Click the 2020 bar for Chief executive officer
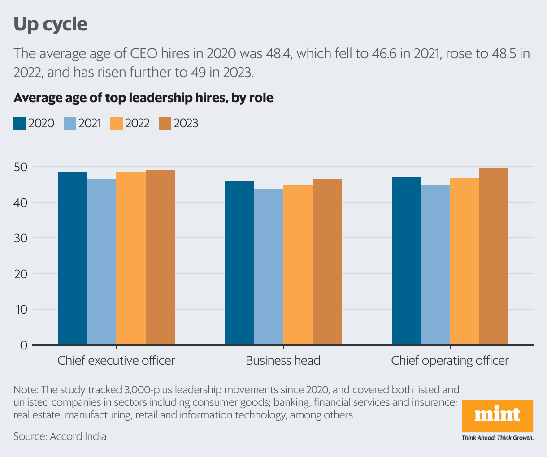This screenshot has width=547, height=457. (x=72, y=259)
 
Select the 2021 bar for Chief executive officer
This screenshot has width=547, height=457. (x=101, y=262)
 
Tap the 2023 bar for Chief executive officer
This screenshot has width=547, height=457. (x=160, y=258)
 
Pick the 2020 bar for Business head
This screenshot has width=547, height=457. (x=239, y=263)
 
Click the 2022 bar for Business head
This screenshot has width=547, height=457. (x=298, y=265)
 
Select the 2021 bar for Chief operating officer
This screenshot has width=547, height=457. (x=435, y=265)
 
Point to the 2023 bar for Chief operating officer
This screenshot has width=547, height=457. (x=494, y=257)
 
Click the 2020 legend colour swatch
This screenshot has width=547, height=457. (x=20, y=124)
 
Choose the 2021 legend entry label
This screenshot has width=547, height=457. (x=90, y=124)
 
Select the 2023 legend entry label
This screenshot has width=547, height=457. (x=186, y=124)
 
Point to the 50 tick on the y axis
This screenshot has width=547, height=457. (x=21, y=167)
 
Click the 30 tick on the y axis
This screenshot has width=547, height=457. (x=21, y=238)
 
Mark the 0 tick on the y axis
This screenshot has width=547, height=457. (x=23, y=345)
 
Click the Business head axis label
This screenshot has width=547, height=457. (x=283, y=361)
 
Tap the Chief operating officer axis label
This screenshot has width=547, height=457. (x=450, y=361)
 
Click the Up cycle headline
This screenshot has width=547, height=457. (x=50, y=24)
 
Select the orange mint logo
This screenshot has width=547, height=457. (x=497, y=415)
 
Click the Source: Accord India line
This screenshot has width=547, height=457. (x=60, y=436)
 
